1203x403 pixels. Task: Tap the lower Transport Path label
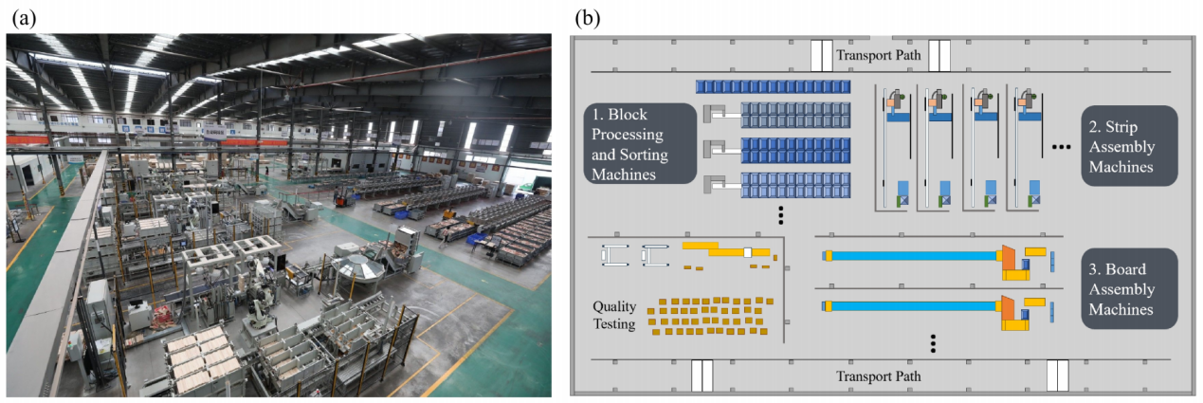878,376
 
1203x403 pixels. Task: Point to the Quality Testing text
614,315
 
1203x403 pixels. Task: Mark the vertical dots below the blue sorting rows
780,215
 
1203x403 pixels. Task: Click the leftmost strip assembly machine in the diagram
897,147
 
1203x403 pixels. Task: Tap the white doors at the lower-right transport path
1057,375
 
